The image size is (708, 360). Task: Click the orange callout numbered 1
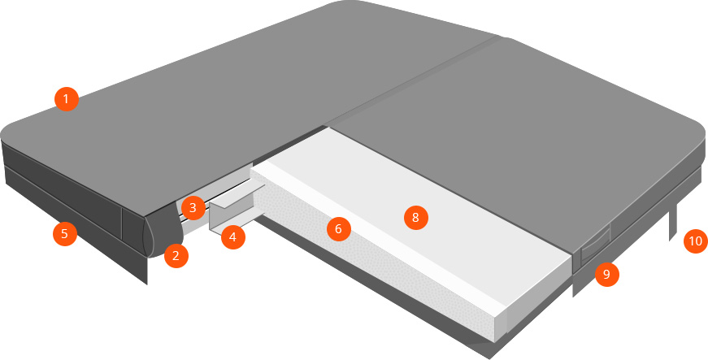(x=67, y=99)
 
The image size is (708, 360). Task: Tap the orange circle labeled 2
(x=176, y=256)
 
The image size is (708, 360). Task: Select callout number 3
(x=193, y=208)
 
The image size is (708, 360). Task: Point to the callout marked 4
(x=233, y=236)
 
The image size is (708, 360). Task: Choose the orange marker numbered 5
(x=64, y=234)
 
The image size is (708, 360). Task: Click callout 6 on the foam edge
(x=339, y=229)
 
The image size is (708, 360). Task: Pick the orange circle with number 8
(x=416, y=218)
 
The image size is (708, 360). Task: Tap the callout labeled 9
(x=607, y=274)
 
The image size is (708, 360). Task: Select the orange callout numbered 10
(x=696, y=241)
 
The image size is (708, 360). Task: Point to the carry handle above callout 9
(x=595, y=247)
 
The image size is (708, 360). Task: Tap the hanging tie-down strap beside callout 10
(x=673, y=222)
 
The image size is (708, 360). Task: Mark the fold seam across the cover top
(x=415, y=81)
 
